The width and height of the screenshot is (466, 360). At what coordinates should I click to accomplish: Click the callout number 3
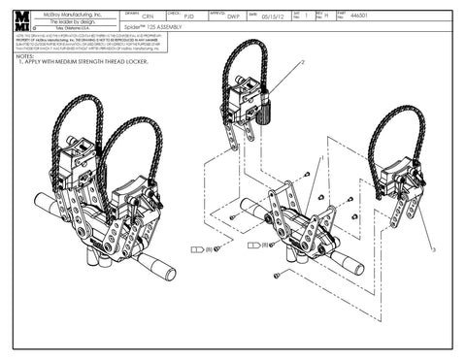433,250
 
